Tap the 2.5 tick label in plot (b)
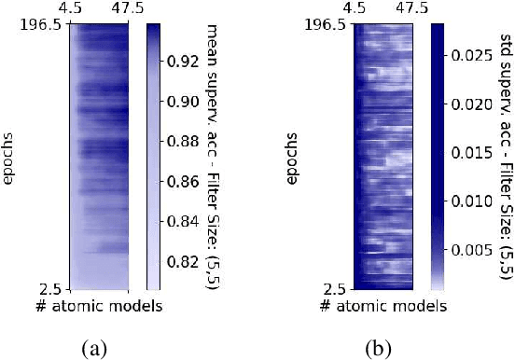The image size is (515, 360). pyautogui.click(x=339, y=290)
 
